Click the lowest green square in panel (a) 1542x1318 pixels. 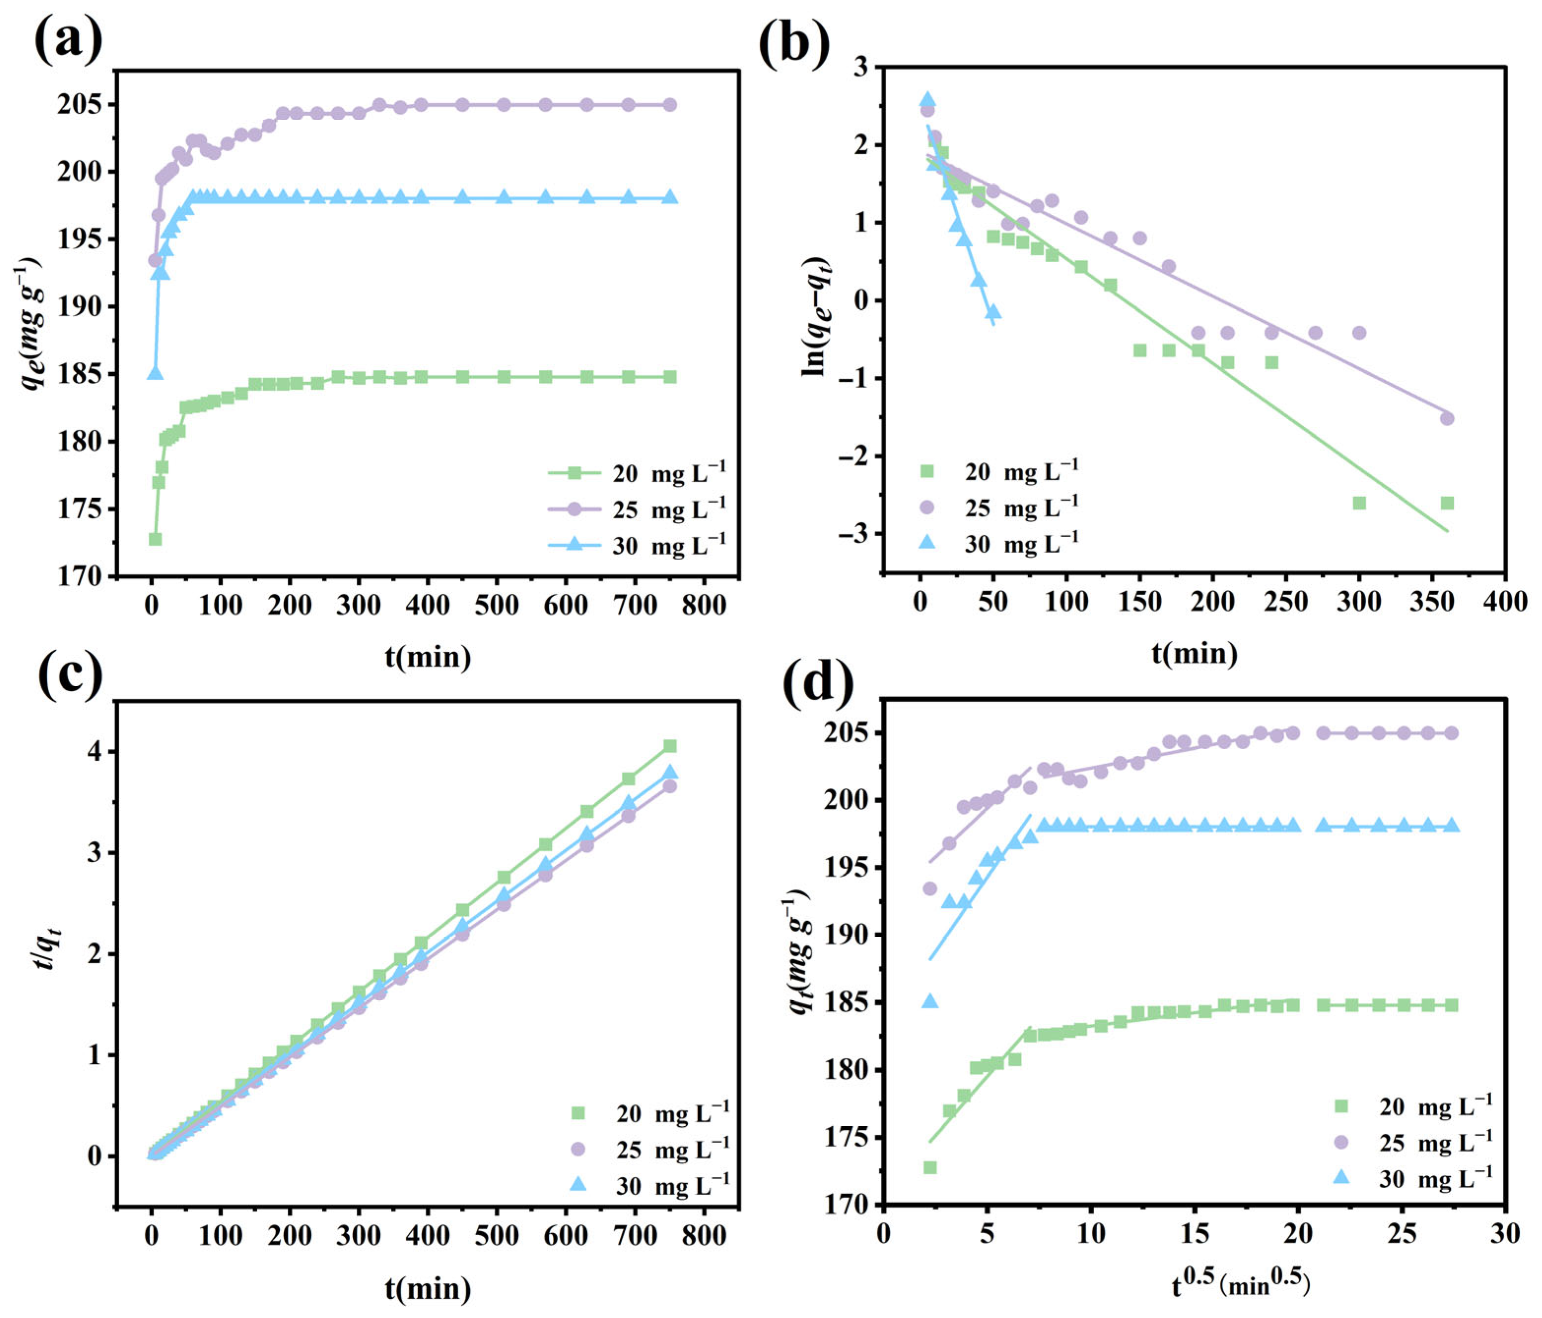point(155,539)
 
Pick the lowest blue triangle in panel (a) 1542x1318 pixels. point(155,373)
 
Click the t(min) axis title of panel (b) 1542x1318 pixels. point(1194,653)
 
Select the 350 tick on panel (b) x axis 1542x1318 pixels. point(1431,601)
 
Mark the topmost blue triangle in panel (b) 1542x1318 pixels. point(927,100)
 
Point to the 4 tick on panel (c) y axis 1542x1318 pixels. point(95,752)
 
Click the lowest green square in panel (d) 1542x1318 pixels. point(930,1167)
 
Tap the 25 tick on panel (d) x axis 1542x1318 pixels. point(1401,1234)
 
